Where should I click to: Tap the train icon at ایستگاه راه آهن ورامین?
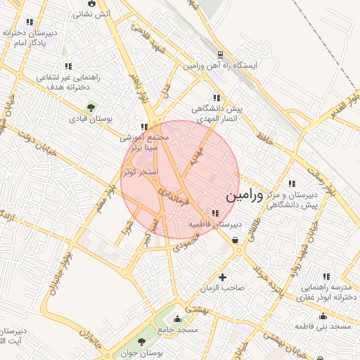(x=220, y=54)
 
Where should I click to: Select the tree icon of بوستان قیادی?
(x=91, y=107)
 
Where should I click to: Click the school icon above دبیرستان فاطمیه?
(x=214, y=213)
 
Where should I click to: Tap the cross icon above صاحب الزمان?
(x=223, y=277)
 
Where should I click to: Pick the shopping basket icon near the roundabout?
(x=235, y=240)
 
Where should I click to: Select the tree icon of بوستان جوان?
(x=143, y=340)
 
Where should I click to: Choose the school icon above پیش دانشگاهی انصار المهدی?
(x=215, y=98)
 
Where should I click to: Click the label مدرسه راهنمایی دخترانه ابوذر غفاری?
(x=328, y=292)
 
